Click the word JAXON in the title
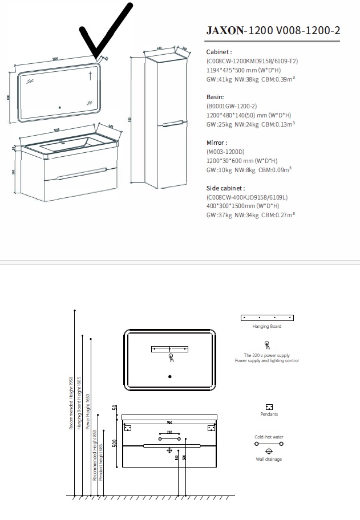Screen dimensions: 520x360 pyautogui.click(x=224, y=31)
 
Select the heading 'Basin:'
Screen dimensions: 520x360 pyautogui.click(x=215, y=97)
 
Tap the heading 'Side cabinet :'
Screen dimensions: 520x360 pyautogui.click(x=226, y=188)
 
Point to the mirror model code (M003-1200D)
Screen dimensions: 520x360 pyautogui.click(x=225, y=152)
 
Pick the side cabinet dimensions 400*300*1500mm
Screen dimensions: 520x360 pyautogui.click(x=242, y=206)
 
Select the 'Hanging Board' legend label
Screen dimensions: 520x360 pyautogui.click(x=266, y=327)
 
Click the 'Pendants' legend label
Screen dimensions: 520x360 pyautogui.click(x=269, y=415)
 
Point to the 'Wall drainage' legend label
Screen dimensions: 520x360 pyautogui.click(x=269, y=459)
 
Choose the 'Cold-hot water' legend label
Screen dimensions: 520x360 pyautogui.click(x=269, y=437)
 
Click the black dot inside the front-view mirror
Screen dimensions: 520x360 pyautogui.click(x=170, y=377)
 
